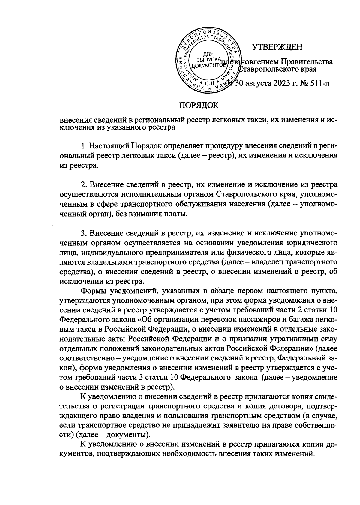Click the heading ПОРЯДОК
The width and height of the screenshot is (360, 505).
click(x=199, y=105)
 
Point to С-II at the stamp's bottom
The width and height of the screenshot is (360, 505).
click(x=208, y=84)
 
